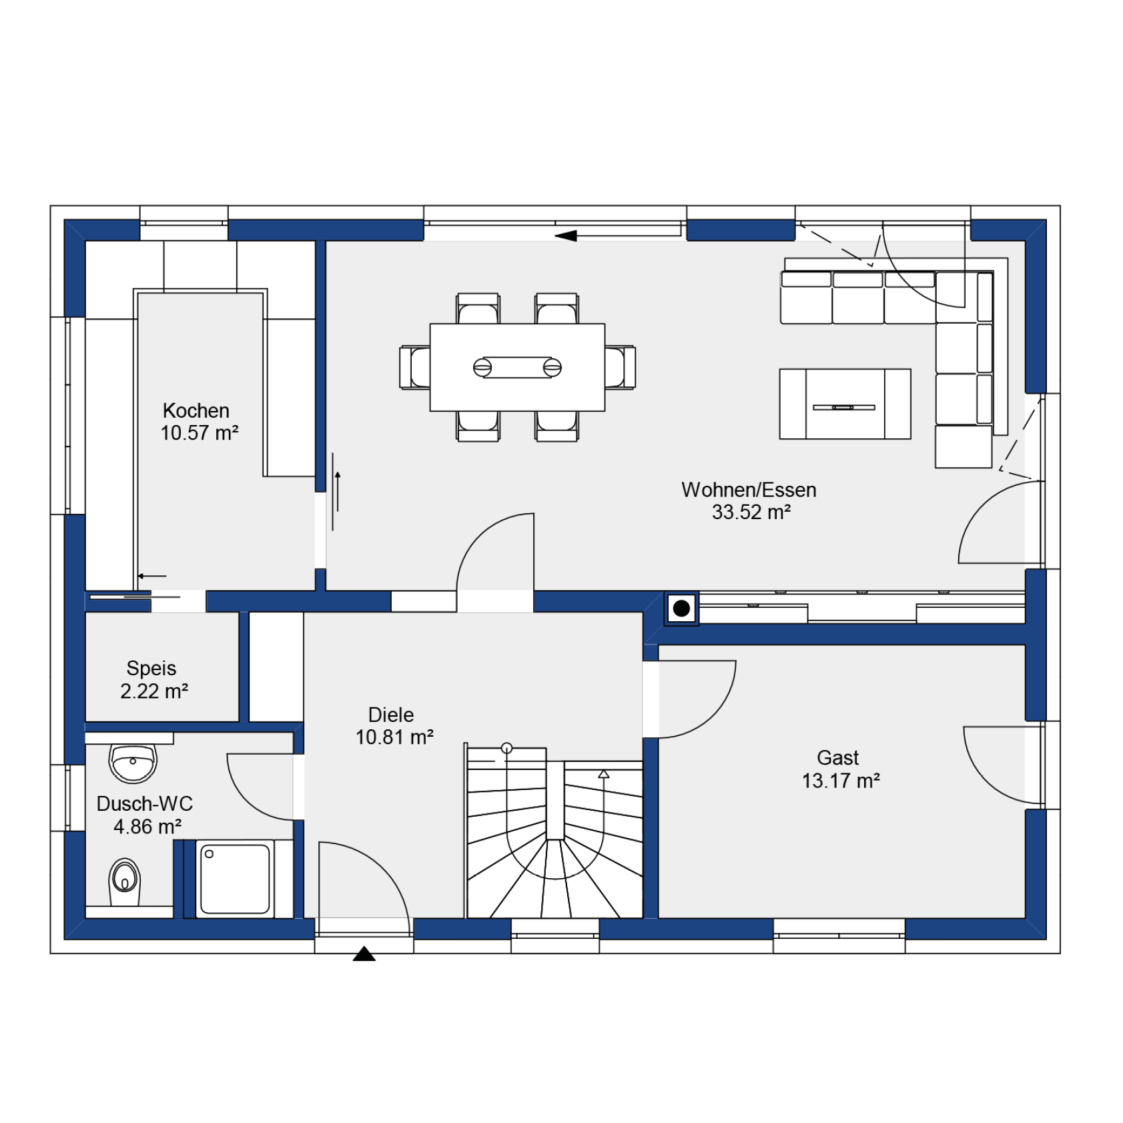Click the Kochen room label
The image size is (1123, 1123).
[196, 410]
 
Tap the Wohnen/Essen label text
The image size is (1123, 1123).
[749, 490]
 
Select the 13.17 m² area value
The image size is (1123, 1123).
[841, 780]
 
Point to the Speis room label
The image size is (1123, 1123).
[151, 668]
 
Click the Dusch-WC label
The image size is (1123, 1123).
[145, 803]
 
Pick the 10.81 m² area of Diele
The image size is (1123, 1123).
[394, 737]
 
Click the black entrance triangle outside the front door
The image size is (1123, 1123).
[364, 954]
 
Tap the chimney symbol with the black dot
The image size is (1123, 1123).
[681, 609]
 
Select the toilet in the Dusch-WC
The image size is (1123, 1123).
[125, 881]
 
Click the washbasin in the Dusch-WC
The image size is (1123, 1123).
[133, 763]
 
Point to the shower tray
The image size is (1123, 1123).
[235, 879]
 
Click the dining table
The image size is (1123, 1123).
[517, 367]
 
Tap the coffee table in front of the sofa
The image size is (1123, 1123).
[845, 404]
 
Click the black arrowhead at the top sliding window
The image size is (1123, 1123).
[565, 236]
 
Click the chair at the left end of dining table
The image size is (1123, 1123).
[415, 367]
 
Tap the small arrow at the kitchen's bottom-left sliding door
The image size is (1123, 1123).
[152, 576]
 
